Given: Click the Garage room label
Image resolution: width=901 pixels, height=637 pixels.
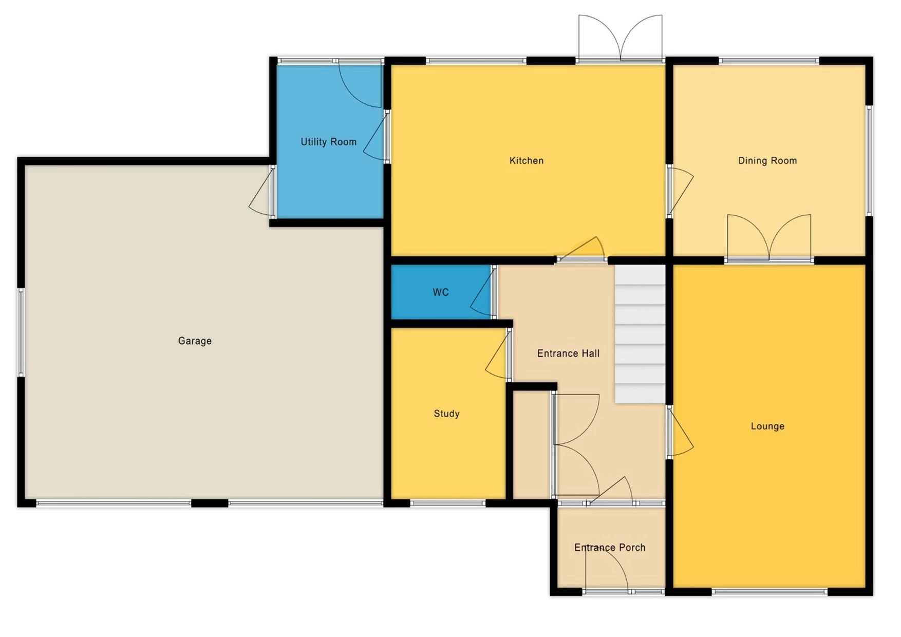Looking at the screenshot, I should point(195,341).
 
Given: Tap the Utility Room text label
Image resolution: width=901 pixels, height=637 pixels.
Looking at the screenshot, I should point(328,142).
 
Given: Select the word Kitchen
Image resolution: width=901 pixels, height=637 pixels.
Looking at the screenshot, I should point(526,161).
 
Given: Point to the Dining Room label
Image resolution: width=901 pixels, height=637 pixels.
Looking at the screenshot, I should point(767,161).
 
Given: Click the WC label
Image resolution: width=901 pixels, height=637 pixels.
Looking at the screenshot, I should point(440,292).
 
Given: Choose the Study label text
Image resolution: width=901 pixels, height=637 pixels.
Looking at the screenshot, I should point(446,414).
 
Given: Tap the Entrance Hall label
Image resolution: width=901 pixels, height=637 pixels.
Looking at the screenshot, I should point(568,353).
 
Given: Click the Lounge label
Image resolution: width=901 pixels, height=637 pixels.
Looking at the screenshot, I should point(767,426).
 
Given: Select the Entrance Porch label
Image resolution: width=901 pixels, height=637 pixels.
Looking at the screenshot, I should point(609,548).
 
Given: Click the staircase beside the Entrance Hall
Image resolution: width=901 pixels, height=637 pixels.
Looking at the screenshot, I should point(640,334).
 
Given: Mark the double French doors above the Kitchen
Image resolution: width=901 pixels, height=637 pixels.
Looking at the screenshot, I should point(620,39).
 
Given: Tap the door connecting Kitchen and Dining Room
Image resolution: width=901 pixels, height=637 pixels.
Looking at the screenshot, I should point(679,190).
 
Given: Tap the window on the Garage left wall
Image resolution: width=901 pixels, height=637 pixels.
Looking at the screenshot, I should point(21,332).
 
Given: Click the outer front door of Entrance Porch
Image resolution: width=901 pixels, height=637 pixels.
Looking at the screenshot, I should point(606,570).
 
